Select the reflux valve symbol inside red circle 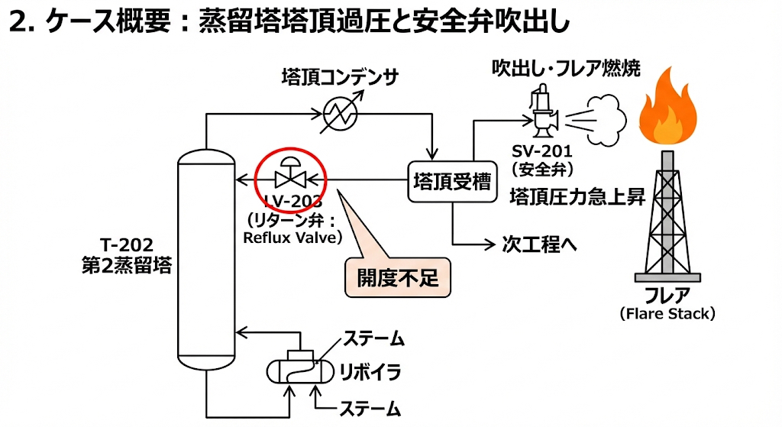point(290,178)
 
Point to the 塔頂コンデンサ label point(340,76)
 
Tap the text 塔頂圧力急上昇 point(577,197)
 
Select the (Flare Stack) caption point(667,313)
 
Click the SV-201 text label point(542,151)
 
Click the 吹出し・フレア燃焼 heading point(565,68)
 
